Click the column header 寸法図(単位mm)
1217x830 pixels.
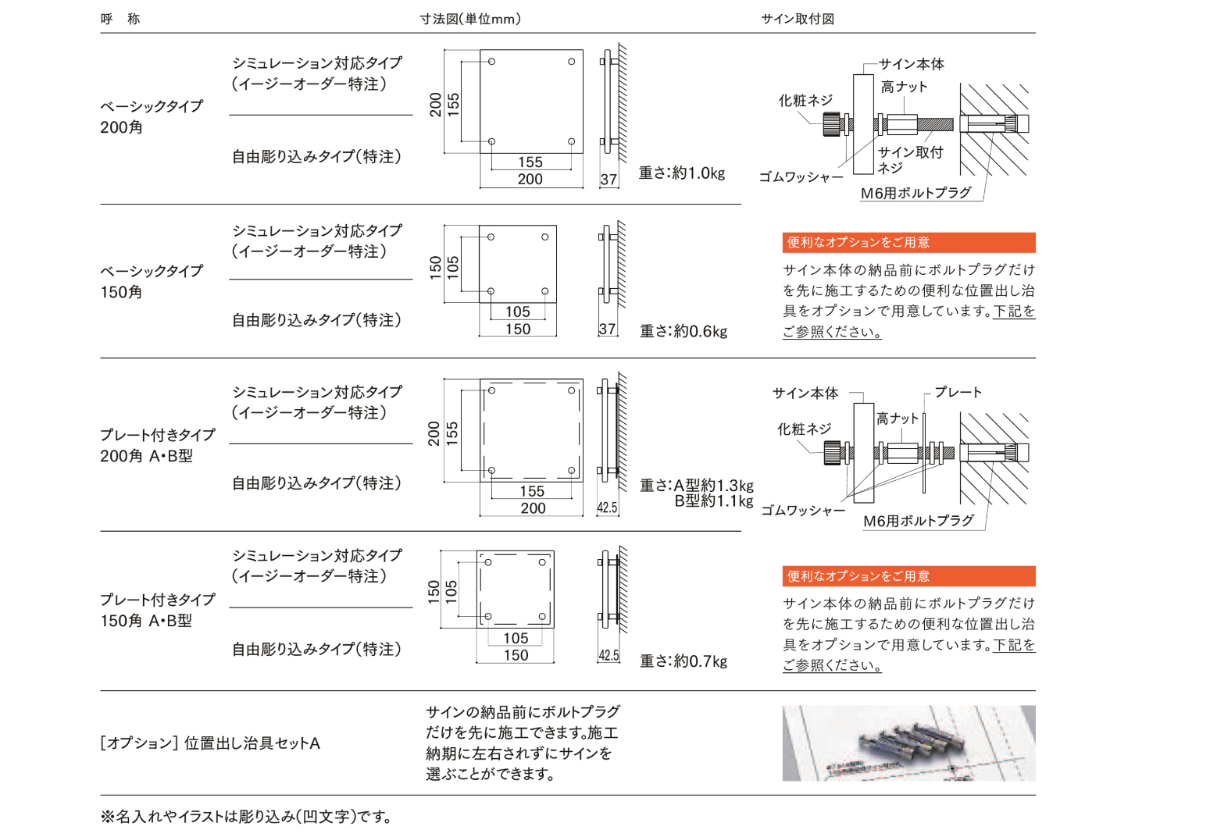[470, 19]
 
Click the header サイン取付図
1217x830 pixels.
[798, 19]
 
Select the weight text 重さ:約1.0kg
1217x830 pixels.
[682, 173]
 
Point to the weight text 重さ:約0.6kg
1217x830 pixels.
[683, 331]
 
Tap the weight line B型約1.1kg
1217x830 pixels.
[714, 501]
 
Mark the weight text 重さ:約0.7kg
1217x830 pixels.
[683, 661]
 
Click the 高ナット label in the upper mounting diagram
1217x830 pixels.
[904, 87]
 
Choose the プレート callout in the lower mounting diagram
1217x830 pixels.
[958, 392]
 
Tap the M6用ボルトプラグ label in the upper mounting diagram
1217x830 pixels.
[915, 193]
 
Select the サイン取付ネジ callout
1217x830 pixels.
[910, 159]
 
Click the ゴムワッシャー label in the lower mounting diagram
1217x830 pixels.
[803, 511]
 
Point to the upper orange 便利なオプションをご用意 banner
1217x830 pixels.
[908, 243]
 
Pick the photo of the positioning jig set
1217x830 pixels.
[908, 743]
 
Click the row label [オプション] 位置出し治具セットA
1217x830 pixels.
[210, 743]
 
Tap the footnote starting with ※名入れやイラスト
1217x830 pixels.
[246, 817]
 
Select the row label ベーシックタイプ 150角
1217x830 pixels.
[152, 281]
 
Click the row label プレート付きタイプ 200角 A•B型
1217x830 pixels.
[157, 445]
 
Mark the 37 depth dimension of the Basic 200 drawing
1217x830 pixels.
[608, 180]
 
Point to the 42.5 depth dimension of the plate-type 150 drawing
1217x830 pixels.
[608, 656]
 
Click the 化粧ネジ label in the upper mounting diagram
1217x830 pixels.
[805, 100]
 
